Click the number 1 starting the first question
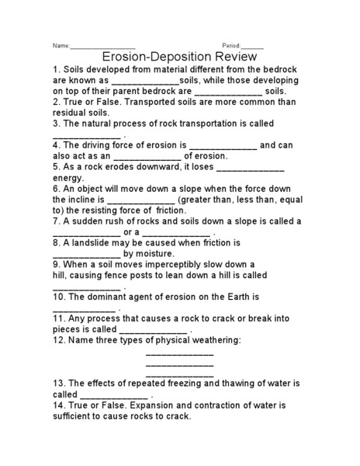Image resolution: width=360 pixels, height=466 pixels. (56, 69)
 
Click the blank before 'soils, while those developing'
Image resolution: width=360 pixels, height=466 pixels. (145, 80)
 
